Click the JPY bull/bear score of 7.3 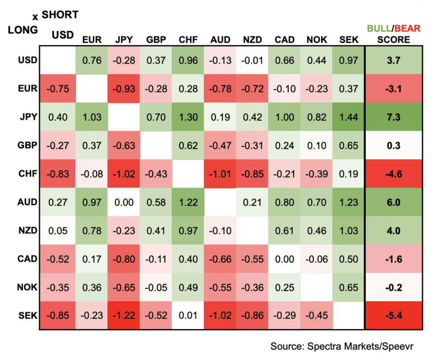pos(393,117)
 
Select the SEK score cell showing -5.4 pos(393,316)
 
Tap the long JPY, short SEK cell pos(349,117)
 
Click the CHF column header pos(188,40)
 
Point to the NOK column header pos(317,40)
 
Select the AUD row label pos(27,202)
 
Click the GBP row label pos(27,145)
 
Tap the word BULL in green pos(378,29)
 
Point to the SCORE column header pos(393,40)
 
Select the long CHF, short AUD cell pos(220,174)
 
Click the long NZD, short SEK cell pos(349,231)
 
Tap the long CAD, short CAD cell pos(284,259)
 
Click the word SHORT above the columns pos(60,15)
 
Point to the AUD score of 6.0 pos(393,202)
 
